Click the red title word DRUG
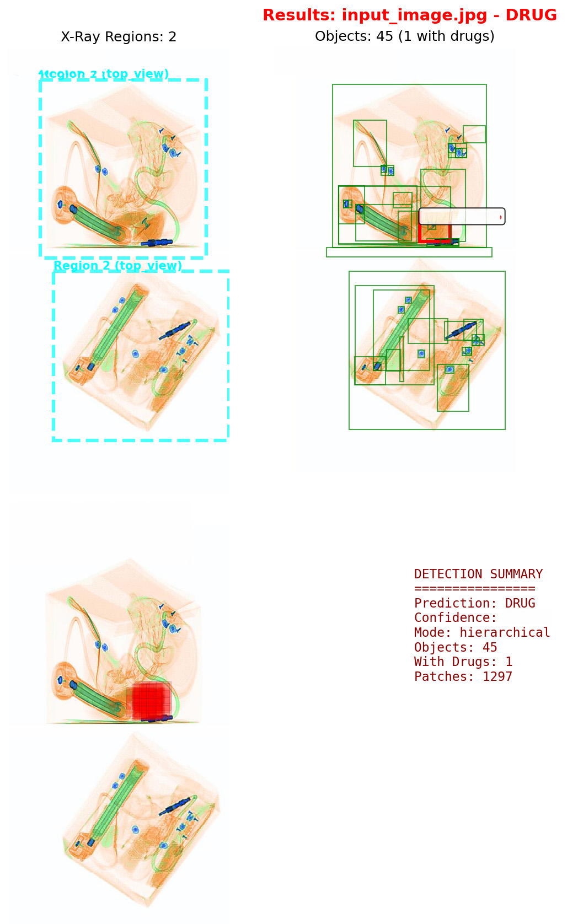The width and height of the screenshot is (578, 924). pos(531,15)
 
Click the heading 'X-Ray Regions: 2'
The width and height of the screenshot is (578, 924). pos(119,37)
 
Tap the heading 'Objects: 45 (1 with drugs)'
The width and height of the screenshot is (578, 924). pos(404,36)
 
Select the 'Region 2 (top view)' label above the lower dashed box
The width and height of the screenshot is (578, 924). pos(117,266)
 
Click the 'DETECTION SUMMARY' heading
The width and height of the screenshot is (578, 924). pos(478,574)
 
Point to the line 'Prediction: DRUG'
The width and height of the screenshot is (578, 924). pos(474,603)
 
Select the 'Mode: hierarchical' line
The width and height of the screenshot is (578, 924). pos(481,632)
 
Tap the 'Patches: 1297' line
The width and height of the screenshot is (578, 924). pos(463,676)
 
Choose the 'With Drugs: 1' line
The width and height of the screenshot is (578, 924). pos(463,662)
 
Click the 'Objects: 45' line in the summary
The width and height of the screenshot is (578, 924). pos(455,647)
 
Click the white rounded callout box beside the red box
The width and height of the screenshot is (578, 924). pos(462,216)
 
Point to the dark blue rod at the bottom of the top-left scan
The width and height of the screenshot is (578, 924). pos(157,242)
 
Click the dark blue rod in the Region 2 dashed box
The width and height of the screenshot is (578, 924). pos(175,330)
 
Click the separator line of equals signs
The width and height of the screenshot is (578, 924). pos(474,588)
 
